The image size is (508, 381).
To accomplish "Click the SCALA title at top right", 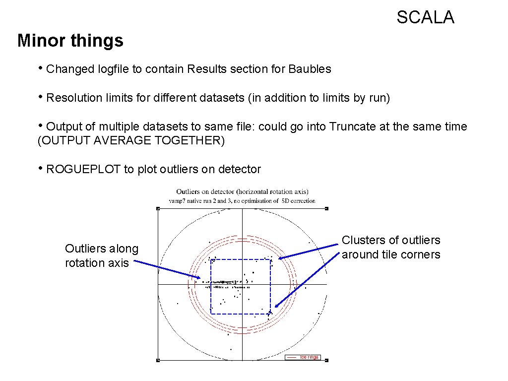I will (x=425, y=18).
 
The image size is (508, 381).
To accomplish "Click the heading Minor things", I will (x=70, y=40).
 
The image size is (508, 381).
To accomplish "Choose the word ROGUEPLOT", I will (x=83, y=170).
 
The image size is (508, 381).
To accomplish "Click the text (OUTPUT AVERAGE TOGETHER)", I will (x=131, y=141).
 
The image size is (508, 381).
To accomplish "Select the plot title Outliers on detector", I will (x=242, y=191).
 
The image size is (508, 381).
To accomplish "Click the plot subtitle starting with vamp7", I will (x=242, y=201).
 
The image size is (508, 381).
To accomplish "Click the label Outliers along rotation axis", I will (x=102, y=255).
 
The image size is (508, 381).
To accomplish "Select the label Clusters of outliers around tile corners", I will (x=391, y=247).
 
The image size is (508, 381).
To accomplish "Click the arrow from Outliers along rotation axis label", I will (x=167, y=270).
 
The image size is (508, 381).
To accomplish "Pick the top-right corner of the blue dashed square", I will (x=270, y=259).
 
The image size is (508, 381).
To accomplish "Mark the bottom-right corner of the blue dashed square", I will (x=270, y=314).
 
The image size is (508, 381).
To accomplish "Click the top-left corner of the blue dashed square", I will (x=211, y=259).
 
